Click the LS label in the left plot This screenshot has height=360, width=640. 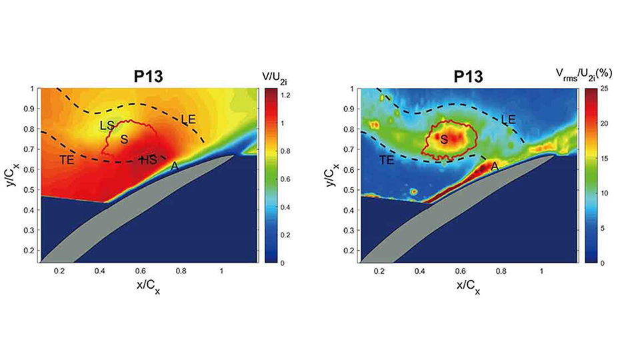pyautogui.click(x=107, y=125)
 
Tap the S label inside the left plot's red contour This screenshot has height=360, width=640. pyautogui.click(x=123, y=139)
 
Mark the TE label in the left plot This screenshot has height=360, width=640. pyautogui.click(x=66, y=160)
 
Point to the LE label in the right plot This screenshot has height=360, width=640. pyautogui.click(x=508, y=119)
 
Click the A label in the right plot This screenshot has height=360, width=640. pyautogui.click(x=495, y=169)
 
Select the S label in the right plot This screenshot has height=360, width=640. pyautogui.click(x=443, y=139)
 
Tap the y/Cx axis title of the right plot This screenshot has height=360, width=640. pyautogui.click(x=331, y=173)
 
